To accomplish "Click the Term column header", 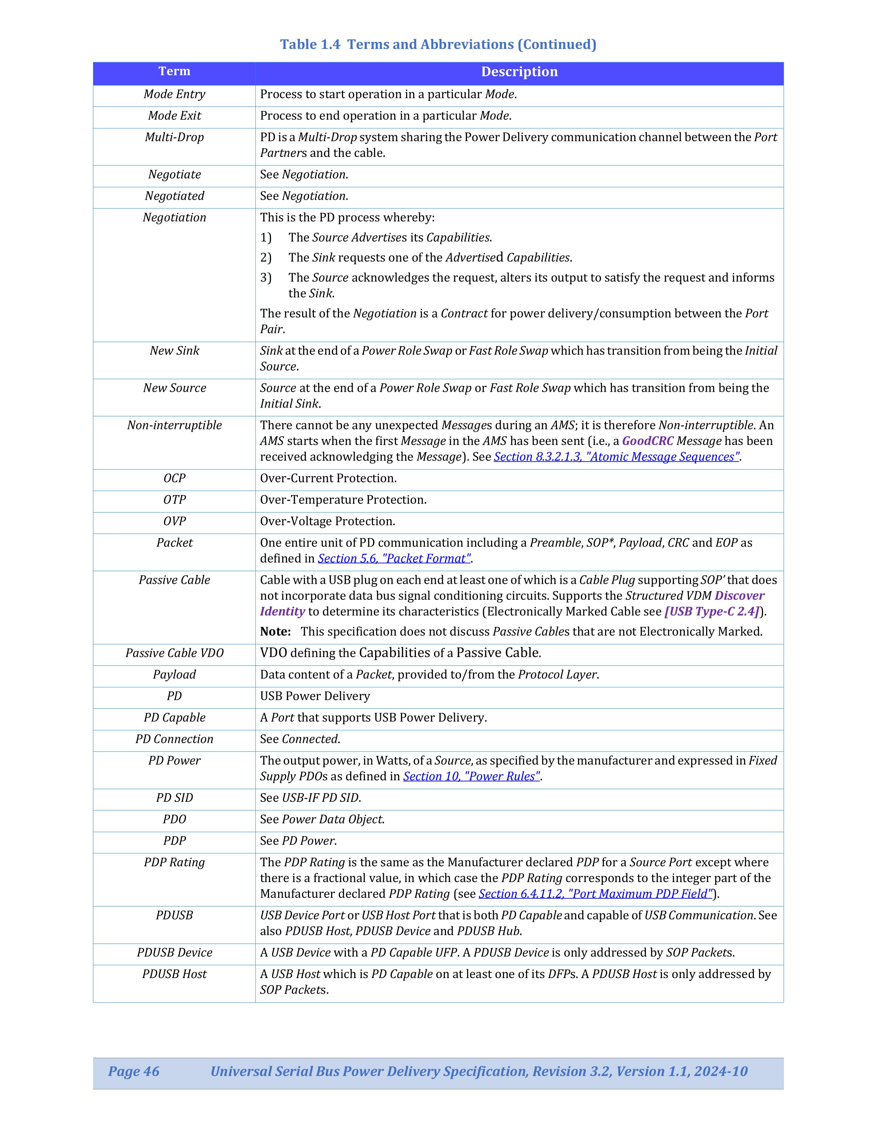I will click(x=174, y=72).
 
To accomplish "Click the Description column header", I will click(x=519, y=72).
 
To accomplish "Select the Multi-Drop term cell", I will click(x=174, y=137).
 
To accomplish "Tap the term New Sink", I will click(x=174, y=351).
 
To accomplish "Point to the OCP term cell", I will click(x=174, y=478).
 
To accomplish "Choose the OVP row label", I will click(x=174, y=521).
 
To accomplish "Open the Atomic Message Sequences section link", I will click(x=616, y=457).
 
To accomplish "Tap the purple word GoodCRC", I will click(x=647, y=441).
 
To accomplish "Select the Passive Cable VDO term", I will click(x=174, y=653).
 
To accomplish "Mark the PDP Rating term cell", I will click(x=174, y=863).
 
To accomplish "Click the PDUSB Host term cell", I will click(x=174, y=974).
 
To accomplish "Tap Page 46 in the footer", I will click(x=134, y=1072).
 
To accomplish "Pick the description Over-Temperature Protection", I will click(x=343, y=500).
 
